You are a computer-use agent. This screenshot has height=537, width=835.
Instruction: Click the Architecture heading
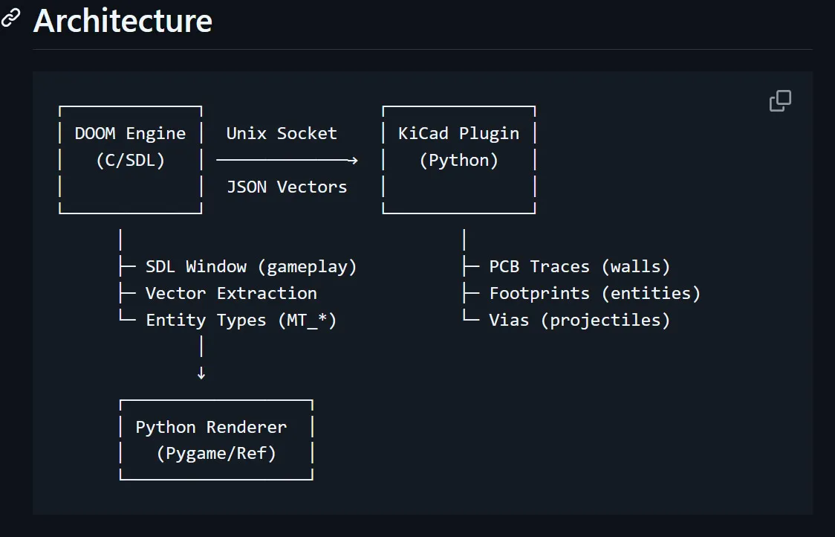point(123,21)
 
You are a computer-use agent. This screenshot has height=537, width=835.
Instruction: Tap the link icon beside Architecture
point(10,18)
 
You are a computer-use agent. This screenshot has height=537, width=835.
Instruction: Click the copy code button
point(780,101)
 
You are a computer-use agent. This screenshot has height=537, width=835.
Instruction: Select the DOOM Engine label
point(130,133)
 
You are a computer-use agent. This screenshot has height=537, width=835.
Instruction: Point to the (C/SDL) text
point(131,160)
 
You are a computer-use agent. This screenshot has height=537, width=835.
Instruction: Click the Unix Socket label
point(281,133)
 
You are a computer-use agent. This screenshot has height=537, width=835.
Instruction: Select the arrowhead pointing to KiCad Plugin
point(353,160)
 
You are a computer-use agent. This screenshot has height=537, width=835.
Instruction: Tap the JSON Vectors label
point(287,187)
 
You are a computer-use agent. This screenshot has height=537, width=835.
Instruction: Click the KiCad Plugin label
point(458,133)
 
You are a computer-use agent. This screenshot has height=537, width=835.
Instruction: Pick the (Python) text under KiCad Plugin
point(459,160)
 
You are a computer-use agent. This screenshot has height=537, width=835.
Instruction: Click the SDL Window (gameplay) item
point(251,266)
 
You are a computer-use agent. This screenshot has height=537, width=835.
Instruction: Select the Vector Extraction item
point(231,293)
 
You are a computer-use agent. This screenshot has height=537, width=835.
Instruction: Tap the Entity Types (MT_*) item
point(241,320)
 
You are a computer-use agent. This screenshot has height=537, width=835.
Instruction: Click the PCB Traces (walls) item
point(579,266)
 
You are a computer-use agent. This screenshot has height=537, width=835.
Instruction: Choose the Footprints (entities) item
point(594,293)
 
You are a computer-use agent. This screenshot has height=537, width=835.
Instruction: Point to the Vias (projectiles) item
point(579,320)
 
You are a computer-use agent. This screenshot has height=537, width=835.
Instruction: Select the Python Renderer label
point(211,427)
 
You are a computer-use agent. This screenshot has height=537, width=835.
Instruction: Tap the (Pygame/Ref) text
point(216,453)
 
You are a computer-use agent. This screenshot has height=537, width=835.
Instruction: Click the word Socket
point(307,133)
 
